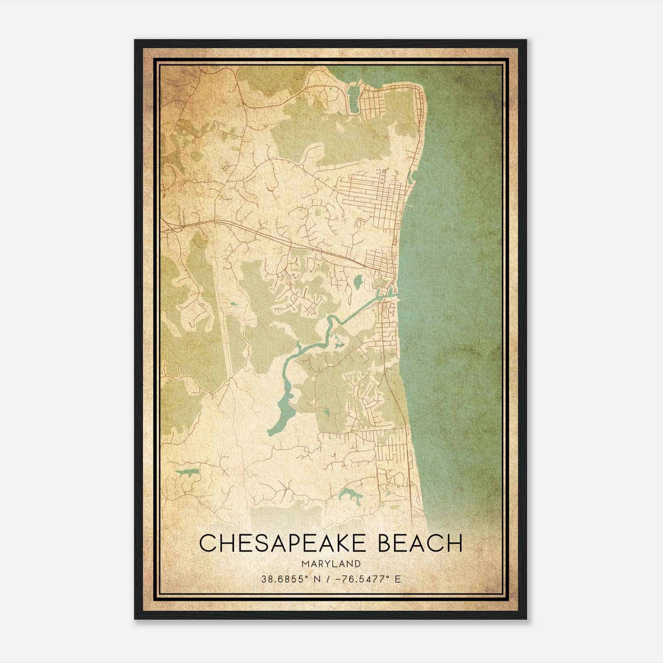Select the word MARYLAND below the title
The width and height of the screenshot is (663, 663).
pos(331,564)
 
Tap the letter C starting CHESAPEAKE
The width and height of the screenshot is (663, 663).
pos(209,543)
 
